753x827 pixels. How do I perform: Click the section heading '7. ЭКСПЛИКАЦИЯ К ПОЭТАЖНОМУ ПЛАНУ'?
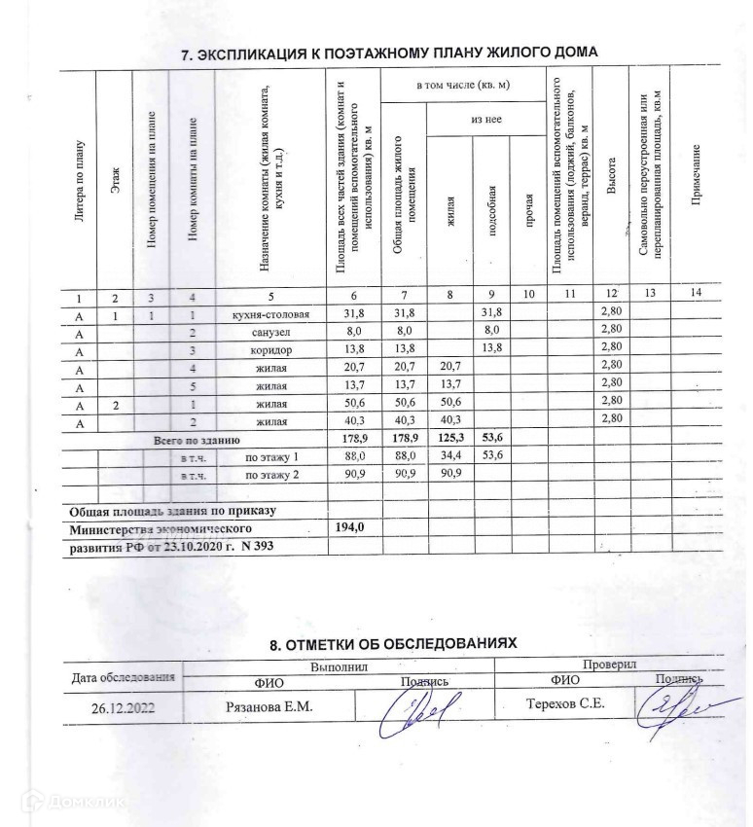389,54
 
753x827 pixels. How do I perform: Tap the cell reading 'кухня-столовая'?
271,314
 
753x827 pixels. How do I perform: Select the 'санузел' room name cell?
271,332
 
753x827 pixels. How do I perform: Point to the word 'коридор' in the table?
271,349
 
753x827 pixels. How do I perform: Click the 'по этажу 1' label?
271,456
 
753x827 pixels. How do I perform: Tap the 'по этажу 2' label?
271,474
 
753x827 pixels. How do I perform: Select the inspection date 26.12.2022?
123,708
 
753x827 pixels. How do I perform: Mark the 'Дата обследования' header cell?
123,677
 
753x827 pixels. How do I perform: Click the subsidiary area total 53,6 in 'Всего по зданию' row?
493,439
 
